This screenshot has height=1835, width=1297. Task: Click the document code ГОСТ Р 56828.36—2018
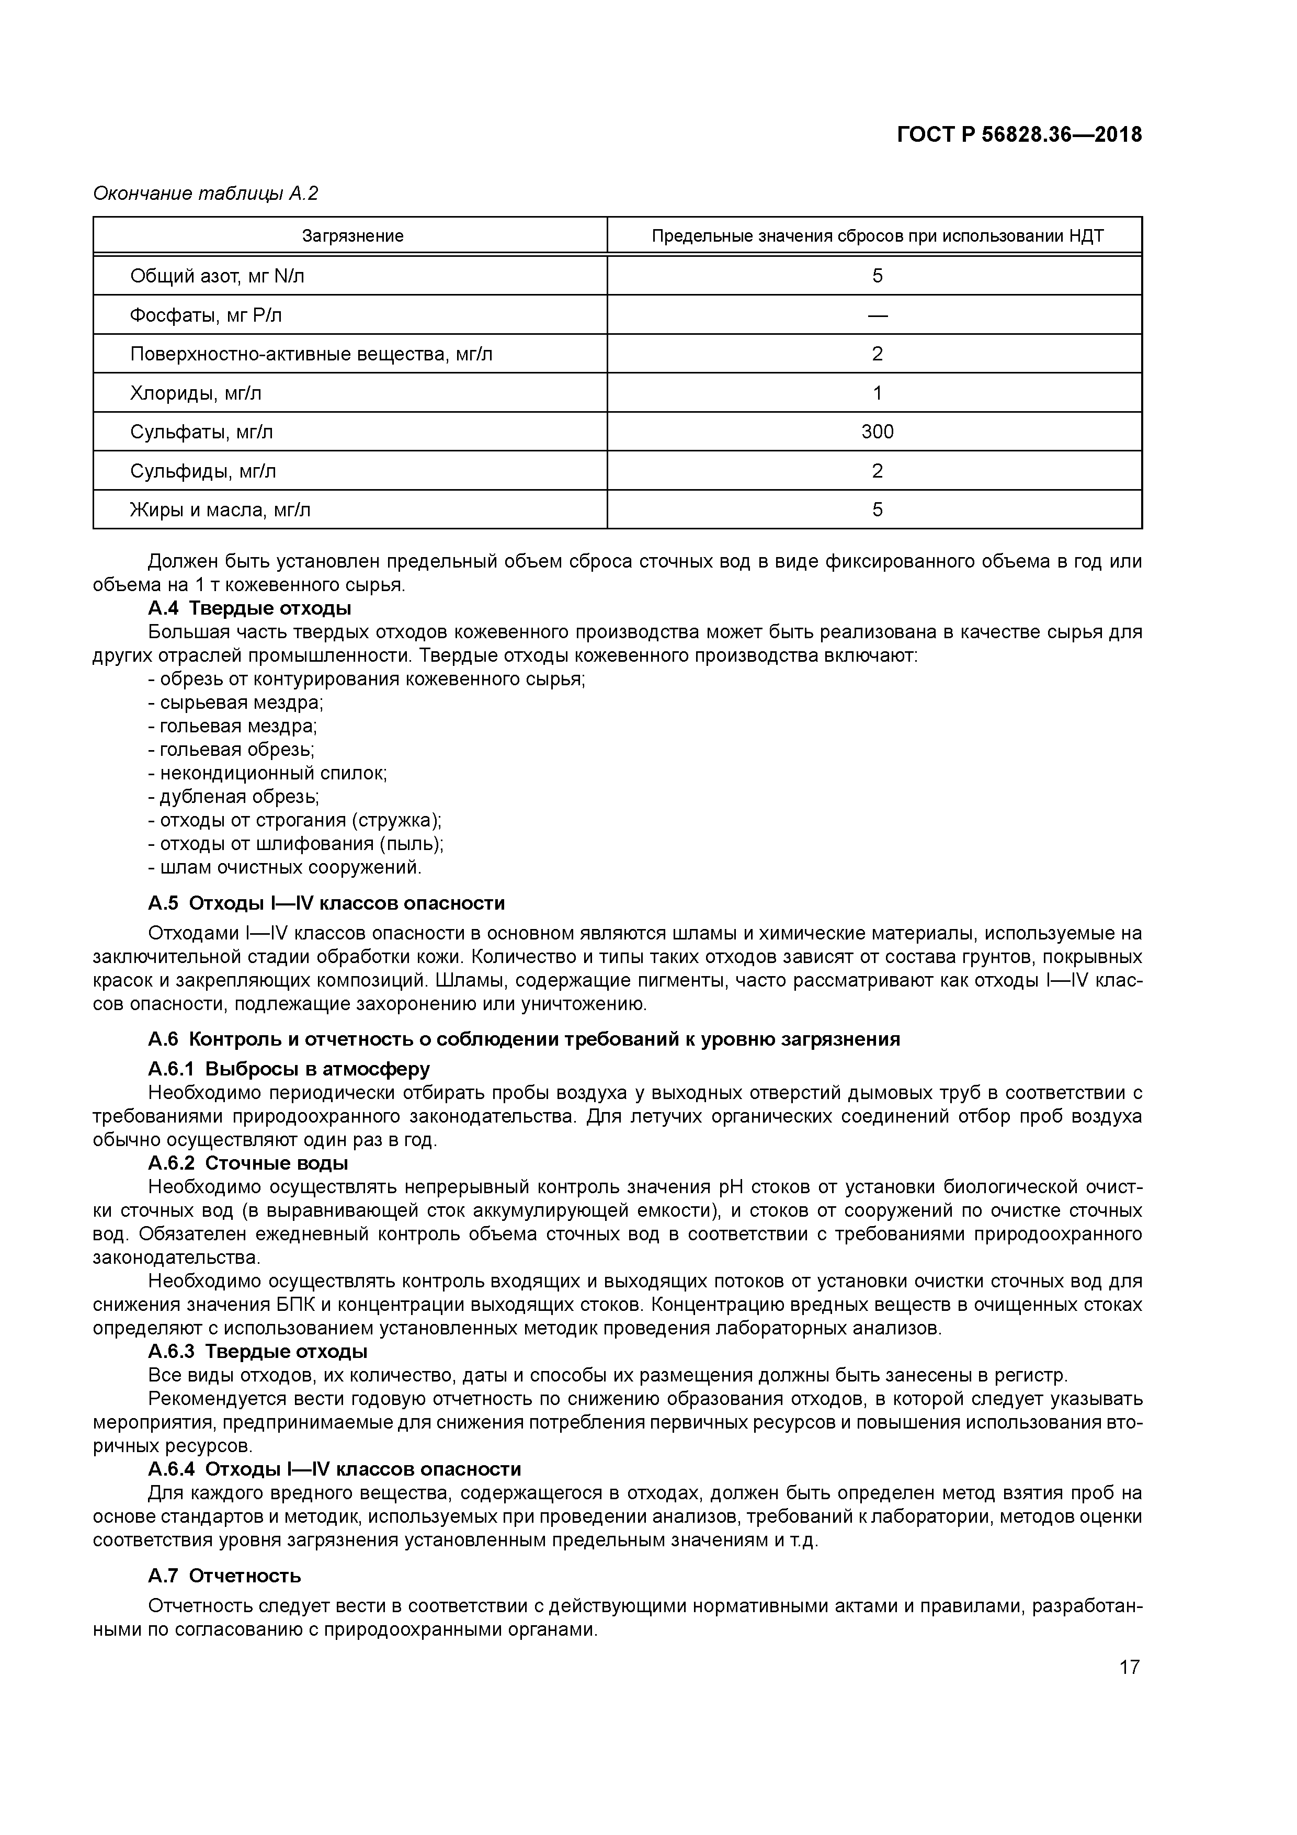1019,135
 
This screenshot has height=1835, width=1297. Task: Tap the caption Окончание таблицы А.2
206,194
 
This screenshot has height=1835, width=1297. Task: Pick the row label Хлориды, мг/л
196,393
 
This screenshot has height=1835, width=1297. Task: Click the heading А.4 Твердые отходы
249,609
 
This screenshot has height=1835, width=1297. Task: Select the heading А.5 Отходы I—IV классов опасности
326,904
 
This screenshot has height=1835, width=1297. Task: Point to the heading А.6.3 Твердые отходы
257,1352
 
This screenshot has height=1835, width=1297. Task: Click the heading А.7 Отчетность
224,1577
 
